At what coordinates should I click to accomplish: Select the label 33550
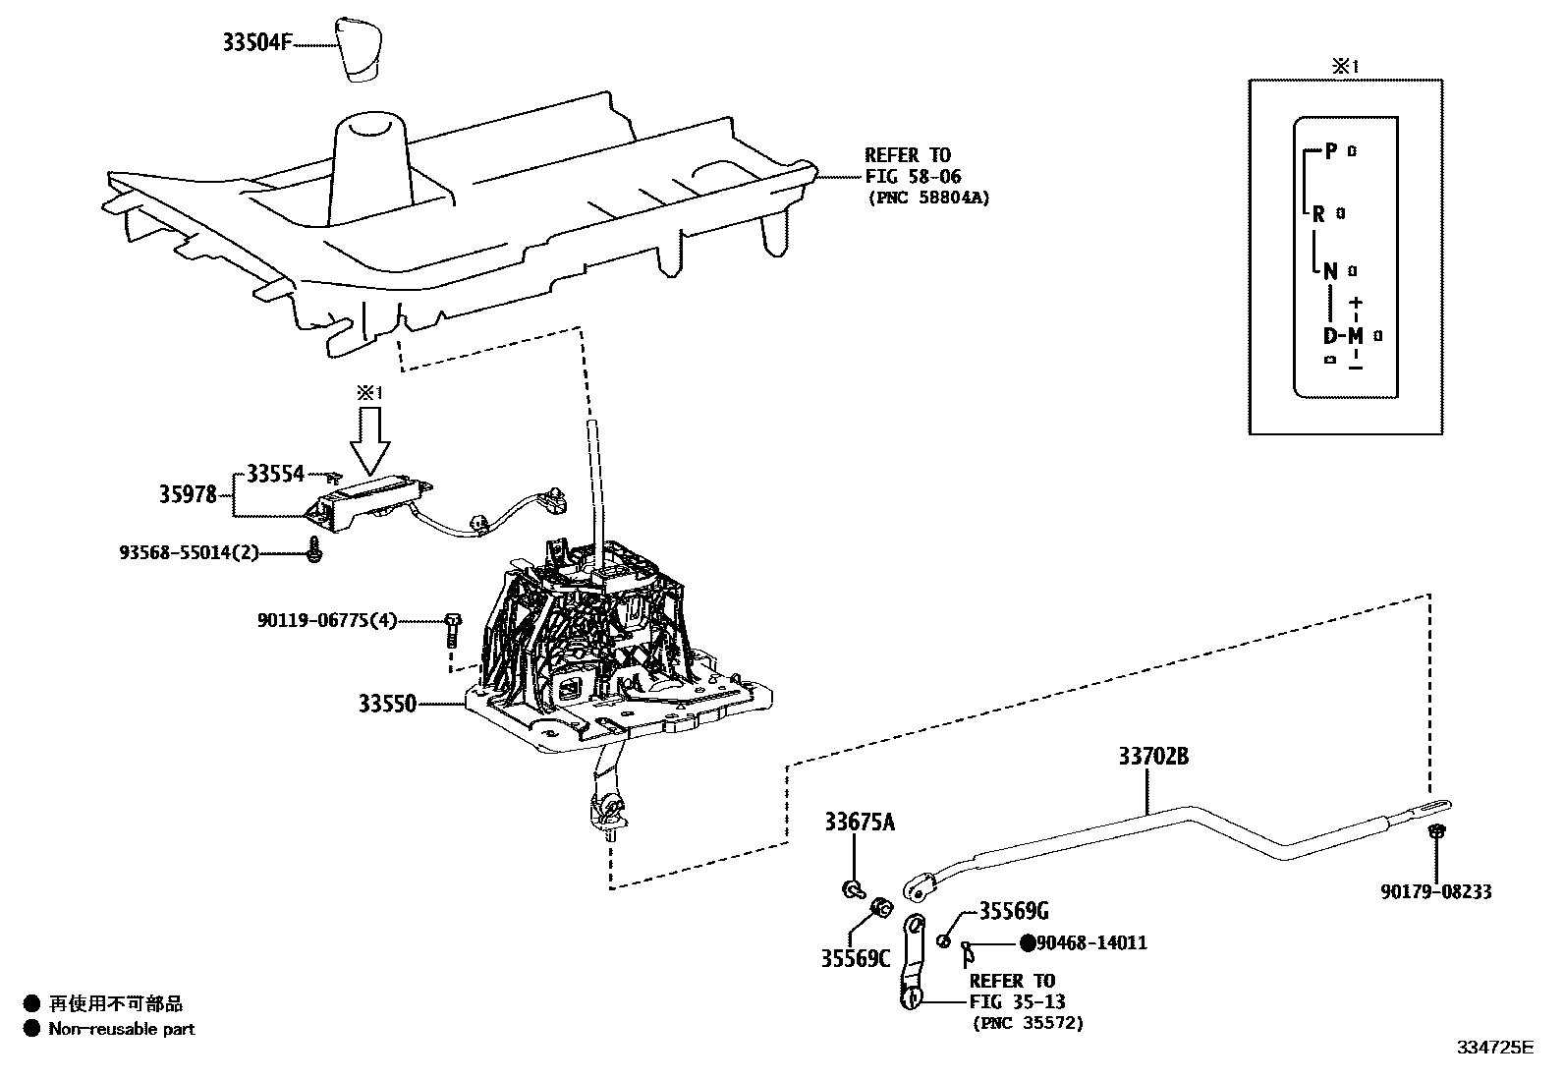click(x=387, y=704)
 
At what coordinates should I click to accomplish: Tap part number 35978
click(x=189, y=494)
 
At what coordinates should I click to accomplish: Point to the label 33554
click(x=275, y=474)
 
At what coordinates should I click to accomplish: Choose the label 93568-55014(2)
click(x=190, y=552)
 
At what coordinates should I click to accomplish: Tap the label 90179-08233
click(x=1435, y=892)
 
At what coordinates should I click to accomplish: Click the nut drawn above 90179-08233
click(x=1435, y=833)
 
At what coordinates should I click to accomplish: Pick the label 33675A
click(x=860, y=823)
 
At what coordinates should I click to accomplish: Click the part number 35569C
click(x=855, y=958)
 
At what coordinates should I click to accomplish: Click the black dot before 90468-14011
click(x=1027, y=943)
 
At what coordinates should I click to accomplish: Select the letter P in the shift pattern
click(x=1331, y=150)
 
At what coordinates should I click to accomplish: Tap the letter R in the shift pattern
click(x=1319, y=213)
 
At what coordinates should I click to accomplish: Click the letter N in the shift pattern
click(x=1330, y=271)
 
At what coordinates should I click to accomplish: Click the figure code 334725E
click(x=1494, y=1048)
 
